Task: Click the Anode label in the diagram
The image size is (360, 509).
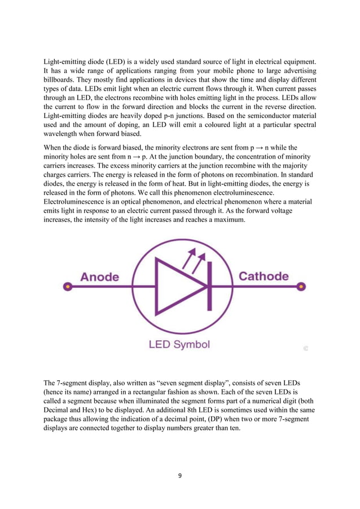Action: (99, 277)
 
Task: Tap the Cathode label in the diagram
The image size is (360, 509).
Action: (264, 276)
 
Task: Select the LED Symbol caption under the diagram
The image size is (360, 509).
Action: (179, 344)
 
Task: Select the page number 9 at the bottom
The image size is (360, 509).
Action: (179, 476)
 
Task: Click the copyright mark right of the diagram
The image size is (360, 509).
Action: (305, 349)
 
